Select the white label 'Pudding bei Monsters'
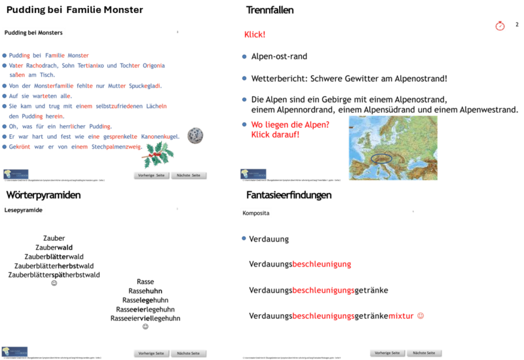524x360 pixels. pos(34,33)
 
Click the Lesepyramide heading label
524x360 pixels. pos(24,210)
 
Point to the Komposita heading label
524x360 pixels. pos(256,213)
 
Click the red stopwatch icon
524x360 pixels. pos(500,26)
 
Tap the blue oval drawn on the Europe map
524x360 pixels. pos(381,157)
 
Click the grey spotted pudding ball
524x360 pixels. pos(195,135)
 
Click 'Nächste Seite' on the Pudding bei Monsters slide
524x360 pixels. pos(189,175)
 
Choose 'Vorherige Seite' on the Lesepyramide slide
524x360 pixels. pos(151,353)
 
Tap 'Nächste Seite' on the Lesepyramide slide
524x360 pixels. pos(189,353)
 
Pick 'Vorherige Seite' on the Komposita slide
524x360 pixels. pos(387,352)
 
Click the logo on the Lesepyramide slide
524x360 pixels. pos(15,351)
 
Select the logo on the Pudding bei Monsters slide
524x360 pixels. pos(16,173)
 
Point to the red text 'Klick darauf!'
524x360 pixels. pos(275,135)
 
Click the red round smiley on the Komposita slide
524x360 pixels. pos(421,315)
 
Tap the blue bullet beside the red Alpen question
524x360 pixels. pos(244,124)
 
